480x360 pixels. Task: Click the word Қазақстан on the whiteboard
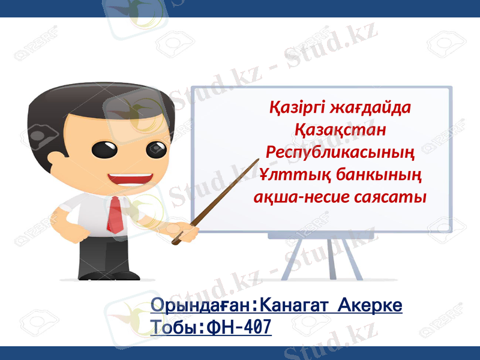pyautogui.click(x=340, y=129)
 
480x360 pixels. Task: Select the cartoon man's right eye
pyautogui.click(x=156, y=148)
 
